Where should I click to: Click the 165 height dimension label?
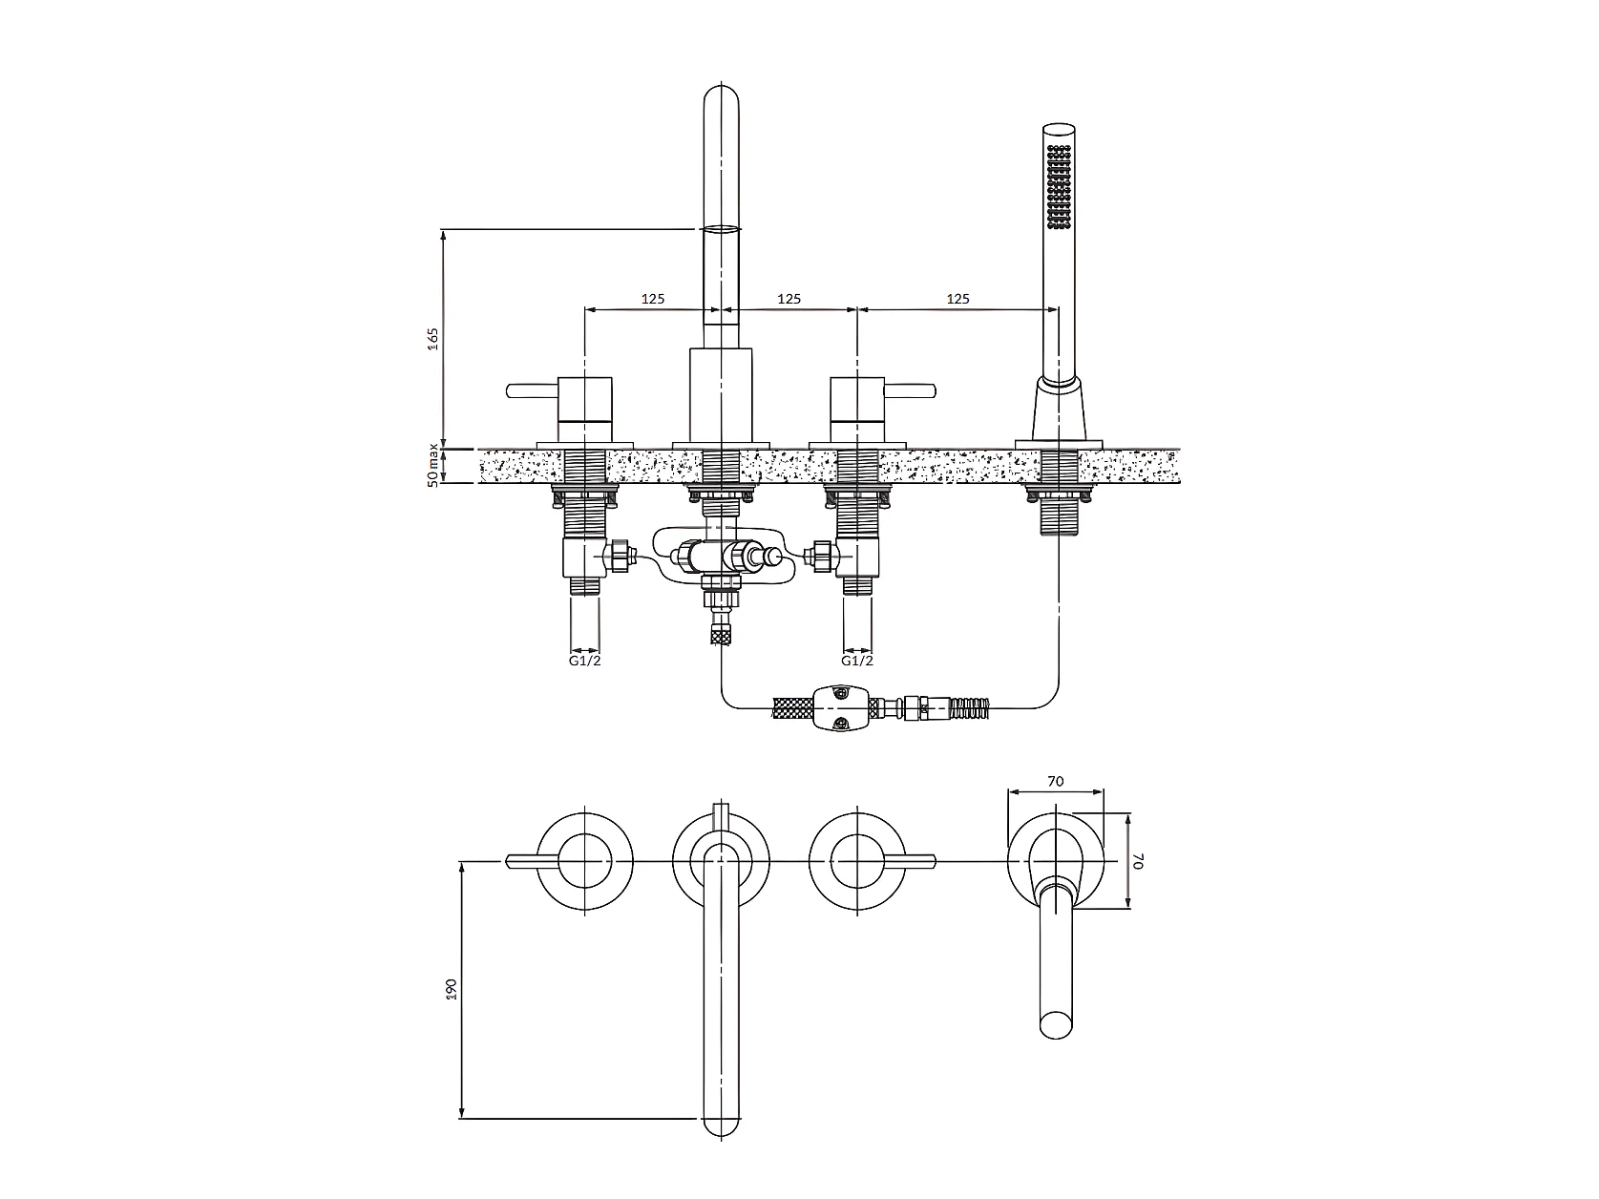pos(433,339)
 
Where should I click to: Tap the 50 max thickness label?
pos(433,465)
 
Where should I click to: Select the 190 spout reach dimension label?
pos(451,989)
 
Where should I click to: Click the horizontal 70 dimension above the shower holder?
pos(1055,782)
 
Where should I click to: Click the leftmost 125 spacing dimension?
pos(653,299)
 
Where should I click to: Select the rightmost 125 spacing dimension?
pos(957,299)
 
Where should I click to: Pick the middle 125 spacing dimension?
pos(789,299)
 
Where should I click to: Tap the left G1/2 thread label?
pos(585,661)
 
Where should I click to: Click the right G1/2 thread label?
pos(856,661)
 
